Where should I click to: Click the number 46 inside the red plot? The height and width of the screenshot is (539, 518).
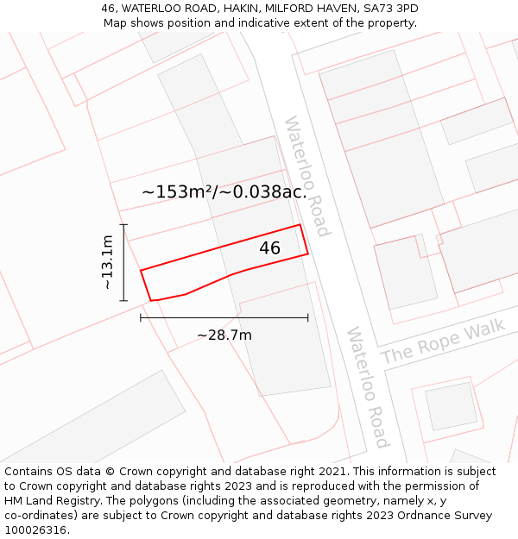pos(269,248)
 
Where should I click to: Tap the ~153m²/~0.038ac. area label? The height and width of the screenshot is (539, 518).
pos(224,191)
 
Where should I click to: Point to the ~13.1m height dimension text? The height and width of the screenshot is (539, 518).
pos(106,262)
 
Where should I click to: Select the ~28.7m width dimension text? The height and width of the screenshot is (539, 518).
pos(224,335)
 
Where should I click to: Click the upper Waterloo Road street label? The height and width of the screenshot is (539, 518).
pos(306,176)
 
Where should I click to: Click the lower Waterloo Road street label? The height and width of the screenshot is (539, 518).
pos(368,387)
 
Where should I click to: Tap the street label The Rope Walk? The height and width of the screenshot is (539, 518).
pos(443,342)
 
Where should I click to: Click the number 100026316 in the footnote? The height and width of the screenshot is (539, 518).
pos(35,530)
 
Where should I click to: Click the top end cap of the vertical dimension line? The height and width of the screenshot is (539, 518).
pos(123,225)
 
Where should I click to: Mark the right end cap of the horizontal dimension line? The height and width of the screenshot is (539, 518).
pos(308,318)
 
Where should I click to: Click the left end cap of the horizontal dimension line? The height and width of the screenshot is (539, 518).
pos(141,318)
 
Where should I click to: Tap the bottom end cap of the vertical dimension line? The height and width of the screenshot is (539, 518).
pos(123,301)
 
